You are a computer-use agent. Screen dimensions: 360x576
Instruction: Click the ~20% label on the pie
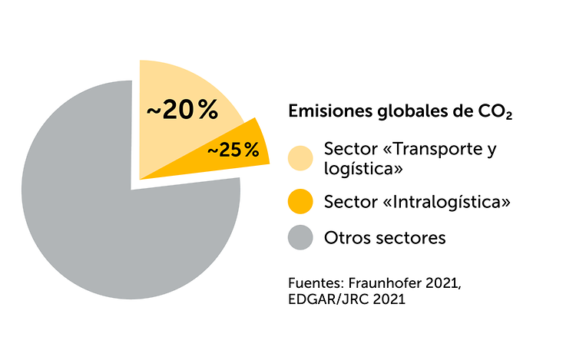point(182,111)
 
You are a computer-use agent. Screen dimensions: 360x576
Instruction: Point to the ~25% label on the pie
point(233,150)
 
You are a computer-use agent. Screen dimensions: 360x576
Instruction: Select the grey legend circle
point(300,238)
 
